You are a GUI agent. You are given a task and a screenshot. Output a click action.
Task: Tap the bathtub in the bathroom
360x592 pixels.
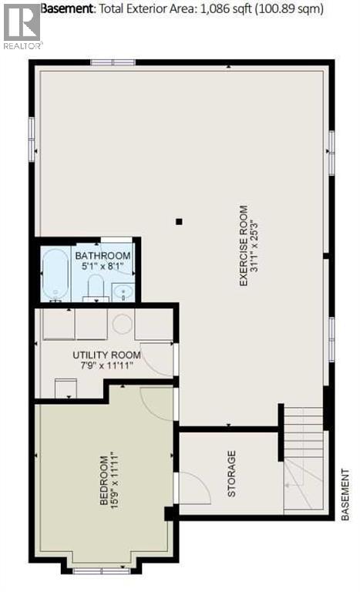[55, 274]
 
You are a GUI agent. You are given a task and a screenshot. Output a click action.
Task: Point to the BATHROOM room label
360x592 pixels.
[103, 256]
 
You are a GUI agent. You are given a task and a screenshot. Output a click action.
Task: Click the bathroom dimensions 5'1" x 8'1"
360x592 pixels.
[103, 267]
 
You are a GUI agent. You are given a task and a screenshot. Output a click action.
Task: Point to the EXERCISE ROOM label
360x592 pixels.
[243, 245]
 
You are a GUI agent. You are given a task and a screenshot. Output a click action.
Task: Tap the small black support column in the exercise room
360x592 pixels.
[179, 222]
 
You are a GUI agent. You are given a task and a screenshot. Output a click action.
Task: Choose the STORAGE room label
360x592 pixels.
[231, 473]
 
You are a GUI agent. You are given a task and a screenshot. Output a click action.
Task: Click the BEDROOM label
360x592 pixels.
[103, 480]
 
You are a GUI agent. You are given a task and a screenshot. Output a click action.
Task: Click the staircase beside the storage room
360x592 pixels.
[303, 459]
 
